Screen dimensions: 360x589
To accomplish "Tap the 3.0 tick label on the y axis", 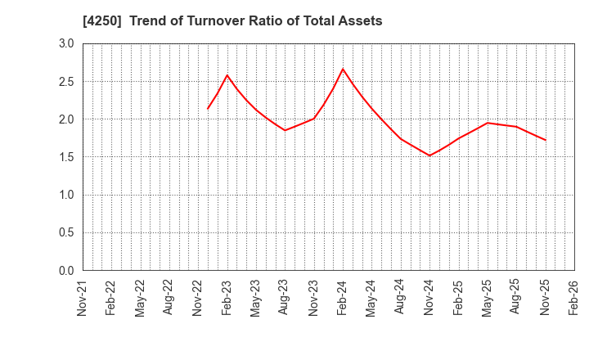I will pyautogui.click(x=65, y=43).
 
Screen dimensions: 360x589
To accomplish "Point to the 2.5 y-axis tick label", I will pyautogui.click(x=65, y=82).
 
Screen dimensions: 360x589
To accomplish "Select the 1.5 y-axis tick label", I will pyautogui.click(x=65, y=157).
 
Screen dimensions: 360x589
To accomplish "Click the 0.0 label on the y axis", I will pyautogui.click(x=65, y=271).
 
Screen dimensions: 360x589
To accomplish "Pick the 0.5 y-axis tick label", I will pyautogui.click(x=65, y=233).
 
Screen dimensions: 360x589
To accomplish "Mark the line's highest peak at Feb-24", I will pyautogui.click(x=343, y=69).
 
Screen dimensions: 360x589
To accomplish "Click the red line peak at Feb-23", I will pyautogui.click(x=227, y=75).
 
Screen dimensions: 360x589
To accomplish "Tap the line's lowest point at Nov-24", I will pyautogui.click(x=429, y=155).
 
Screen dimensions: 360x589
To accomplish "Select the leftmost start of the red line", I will pyautogui.click(x=208, y=109).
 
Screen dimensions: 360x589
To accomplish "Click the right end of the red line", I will pyautogui.click(x=546, y=140).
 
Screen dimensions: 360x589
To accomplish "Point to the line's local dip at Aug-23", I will pyautogui.click(x=285, y=130).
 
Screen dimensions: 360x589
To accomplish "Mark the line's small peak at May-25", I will pyautogui.click(x=488, y=123).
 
